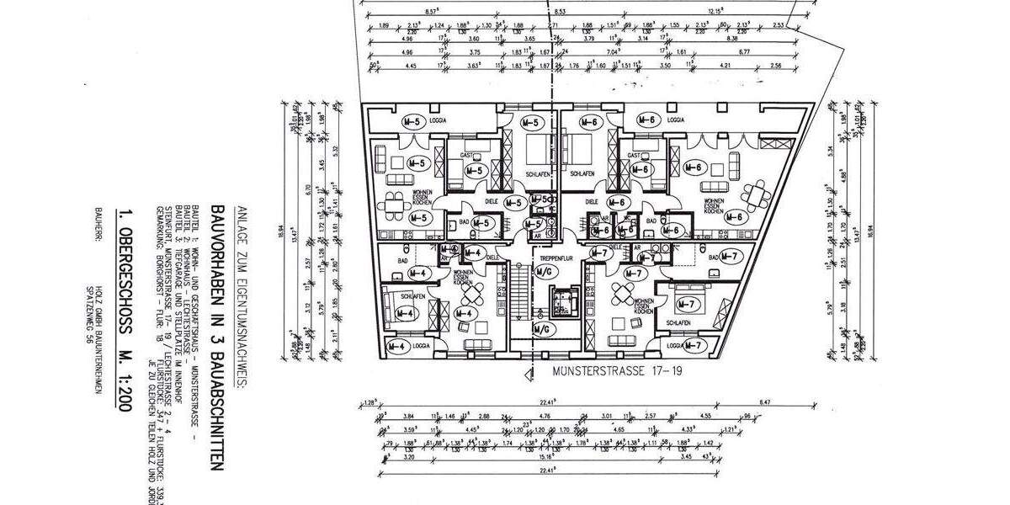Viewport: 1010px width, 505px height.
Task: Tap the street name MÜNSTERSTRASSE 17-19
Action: point(605,368)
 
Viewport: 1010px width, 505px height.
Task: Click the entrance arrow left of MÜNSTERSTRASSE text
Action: point(528,369)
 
